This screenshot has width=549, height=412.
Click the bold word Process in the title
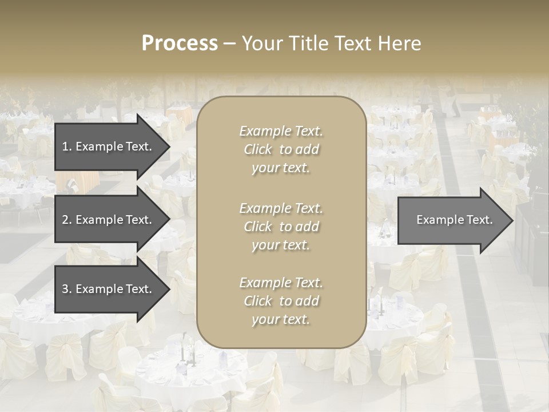tap(180, 43)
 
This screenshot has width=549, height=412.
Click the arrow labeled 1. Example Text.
tap(107, 146)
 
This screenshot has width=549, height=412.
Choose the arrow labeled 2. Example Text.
tap(107, 220)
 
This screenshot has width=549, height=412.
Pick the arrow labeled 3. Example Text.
tap(107, 289)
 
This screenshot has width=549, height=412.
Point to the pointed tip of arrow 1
tap(169, 147)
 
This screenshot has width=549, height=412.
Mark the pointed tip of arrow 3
tap(169, 290)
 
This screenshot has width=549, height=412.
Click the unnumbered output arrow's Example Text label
tap(454, 220)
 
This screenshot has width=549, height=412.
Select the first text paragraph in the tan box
tap(281, 149)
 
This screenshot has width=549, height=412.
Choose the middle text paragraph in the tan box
tap(281, 227)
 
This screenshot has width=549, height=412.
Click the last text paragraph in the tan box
tap(281, 301)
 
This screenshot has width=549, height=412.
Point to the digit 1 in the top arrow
tap(65, 146)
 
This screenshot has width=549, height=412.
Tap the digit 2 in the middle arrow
tap(65, 220)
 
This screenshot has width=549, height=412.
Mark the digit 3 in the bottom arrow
tap(65, 289)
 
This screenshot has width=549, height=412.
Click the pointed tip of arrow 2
tap(169, 220)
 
